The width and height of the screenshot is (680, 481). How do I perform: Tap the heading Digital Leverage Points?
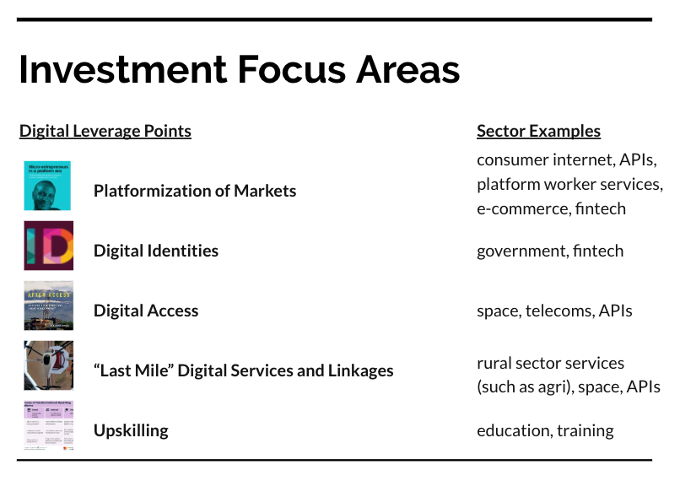[x=105, y=131]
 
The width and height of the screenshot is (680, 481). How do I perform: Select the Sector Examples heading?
[x=538, y=131]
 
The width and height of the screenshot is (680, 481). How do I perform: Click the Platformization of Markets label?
[x=195, y=191]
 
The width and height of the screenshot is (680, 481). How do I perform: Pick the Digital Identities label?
[x=156, y=251]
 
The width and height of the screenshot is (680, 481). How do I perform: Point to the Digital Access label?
[x=146, y=311]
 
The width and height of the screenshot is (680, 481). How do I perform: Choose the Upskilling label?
[x=131, y=430]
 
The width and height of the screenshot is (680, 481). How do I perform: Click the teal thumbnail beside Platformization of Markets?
[x=48, y=186]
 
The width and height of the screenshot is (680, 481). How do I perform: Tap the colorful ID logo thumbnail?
[x=48, y=246]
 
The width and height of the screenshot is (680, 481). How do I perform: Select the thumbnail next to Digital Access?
[x=48, y=305]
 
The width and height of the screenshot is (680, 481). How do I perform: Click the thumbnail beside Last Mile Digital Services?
[x=48, y=365]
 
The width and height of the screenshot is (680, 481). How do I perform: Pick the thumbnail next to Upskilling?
[x=48, y=425]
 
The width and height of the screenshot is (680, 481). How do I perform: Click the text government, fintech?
[x=550, y=251]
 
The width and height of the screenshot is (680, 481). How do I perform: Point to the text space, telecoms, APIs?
[x=554, y=311]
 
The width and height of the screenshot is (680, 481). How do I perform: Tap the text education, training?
[x=545, y=430]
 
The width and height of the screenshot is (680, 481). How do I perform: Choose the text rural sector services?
[x=550, y=363]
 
